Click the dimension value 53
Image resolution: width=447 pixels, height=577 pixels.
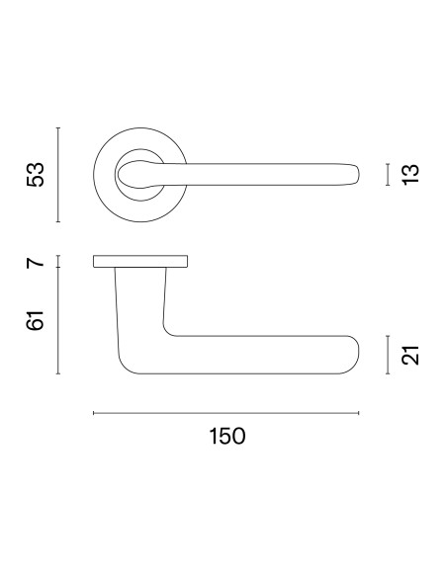coord(36,175)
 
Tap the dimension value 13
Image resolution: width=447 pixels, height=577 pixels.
coord(410,175)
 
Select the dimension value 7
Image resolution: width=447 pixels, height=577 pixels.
coord(36,263)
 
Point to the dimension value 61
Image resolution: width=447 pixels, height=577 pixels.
coord(36,320)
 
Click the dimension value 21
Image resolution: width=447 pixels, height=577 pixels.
coord(410,355)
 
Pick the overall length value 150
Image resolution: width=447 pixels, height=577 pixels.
coord(226,436)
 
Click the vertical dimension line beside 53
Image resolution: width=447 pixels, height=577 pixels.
coord(58,175)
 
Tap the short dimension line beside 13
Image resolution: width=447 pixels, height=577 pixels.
coord(388,175)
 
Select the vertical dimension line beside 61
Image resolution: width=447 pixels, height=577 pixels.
coord(58,320)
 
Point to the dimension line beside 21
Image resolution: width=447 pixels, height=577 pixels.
coord(388,355)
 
